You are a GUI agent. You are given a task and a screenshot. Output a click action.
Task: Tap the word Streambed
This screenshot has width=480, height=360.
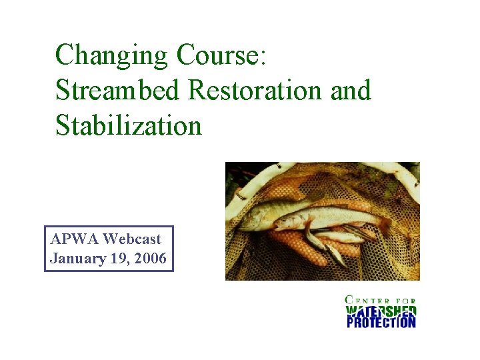pos(117,90)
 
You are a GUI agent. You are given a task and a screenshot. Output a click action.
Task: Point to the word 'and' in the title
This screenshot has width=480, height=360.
pos(350,90)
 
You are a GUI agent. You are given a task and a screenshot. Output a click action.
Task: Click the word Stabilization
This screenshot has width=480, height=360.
pos(128,125)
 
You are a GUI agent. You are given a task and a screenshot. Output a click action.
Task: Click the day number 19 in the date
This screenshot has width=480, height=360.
pos(121,259)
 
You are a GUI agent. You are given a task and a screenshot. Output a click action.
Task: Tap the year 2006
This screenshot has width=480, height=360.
pos(151,259)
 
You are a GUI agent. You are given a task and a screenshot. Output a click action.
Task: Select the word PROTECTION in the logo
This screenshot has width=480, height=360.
pos(381,323)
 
